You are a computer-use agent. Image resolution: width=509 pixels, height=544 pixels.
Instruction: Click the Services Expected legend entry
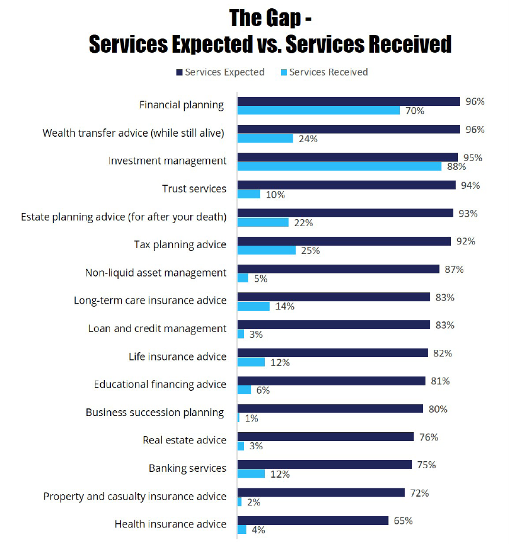[x=220, y=72]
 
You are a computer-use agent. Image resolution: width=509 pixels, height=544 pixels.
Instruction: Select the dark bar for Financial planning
[x=348, y=102]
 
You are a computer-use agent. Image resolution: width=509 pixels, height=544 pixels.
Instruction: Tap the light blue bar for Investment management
[x=340, y=166]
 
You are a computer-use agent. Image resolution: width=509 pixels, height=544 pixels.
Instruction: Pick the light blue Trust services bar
[x=249, y=194]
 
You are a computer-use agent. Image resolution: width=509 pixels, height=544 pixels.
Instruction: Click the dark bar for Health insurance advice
[x=313, y=520]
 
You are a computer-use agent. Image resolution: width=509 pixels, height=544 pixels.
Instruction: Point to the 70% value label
[x=414, y=111]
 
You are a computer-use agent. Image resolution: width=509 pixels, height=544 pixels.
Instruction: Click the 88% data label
[x=455, y=166]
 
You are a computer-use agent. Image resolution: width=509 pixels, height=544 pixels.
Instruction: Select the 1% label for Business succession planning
[x=251, y=418]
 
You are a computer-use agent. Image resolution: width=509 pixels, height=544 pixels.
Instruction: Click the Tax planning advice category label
[x=180, y=244]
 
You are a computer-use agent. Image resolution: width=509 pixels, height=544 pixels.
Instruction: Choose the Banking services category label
[x=187, y=468]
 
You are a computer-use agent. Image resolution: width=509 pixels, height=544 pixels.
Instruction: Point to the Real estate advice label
[x=184, y=440]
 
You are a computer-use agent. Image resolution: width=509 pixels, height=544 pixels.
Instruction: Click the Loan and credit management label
[x=157, y=329]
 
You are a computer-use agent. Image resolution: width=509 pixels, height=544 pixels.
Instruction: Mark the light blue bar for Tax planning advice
[x=267, y=250]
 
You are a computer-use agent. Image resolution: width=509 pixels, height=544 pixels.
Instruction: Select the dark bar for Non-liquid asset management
[x=338, y=269]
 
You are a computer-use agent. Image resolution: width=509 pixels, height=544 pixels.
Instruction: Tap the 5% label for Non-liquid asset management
[x=260, y=278]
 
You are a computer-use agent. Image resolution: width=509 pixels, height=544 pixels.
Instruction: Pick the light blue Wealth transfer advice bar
[x=265, y=138]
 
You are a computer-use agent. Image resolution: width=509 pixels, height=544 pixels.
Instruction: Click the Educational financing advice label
[x=160, y=384]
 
